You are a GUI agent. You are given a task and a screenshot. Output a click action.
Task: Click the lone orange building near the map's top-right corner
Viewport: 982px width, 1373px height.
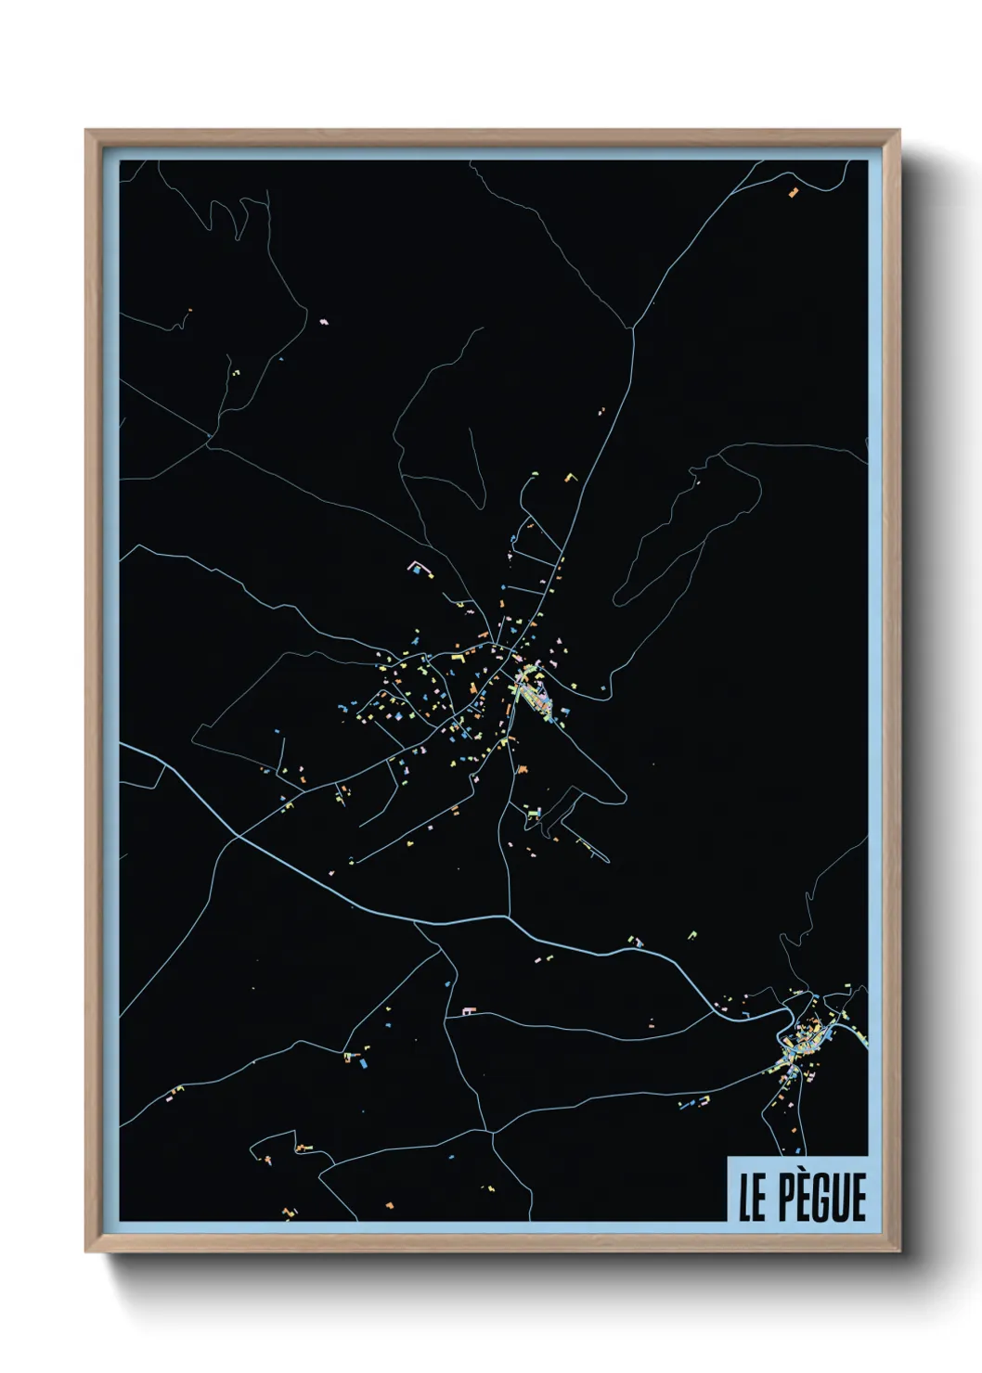tap(793, 193)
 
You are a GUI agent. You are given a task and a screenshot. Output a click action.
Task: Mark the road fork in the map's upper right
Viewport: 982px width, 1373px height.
tap(634, 327)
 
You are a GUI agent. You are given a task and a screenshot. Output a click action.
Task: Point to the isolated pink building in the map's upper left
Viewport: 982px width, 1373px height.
tap(324, 321)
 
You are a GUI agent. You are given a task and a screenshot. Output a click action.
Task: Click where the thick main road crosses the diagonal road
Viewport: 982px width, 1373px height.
tap(239, 837)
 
